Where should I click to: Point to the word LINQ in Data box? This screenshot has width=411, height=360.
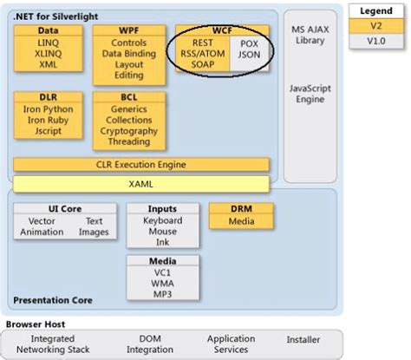[48, 42]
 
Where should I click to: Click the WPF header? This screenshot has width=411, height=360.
[129, 29]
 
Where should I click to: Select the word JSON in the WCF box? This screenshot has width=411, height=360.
[249, 53]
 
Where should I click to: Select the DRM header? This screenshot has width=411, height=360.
[241, 208]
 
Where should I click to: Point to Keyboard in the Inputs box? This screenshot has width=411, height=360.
[163, 220]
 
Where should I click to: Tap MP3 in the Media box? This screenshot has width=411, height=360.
[163, 295]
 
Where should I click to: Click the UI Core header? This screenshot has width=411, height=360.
[65, 208]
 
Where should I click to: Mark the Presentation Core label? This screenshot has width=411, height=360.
[54, 301]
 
